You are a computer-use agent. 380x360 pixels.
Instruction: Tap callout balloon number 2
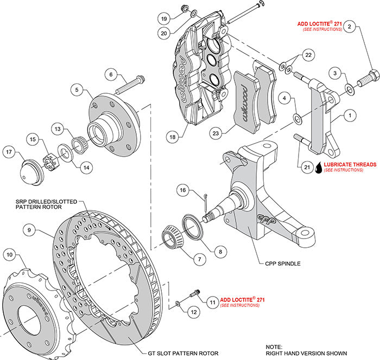tap(350, 26)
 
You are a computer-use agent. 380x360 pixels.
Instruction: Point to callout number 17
tap(9, 152)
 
